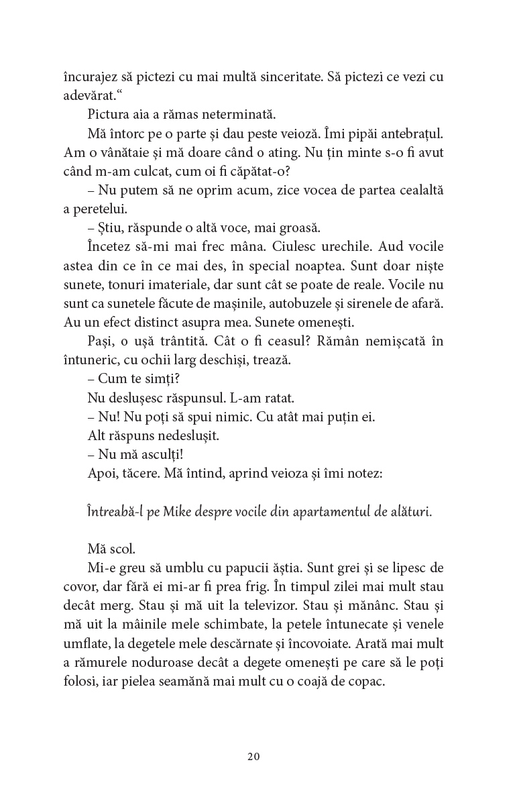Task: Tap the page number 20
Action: [x=253, y=757]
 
